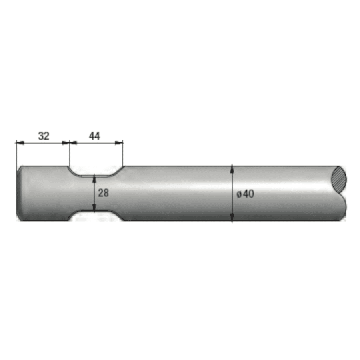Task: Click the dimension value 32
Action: click(44, 136)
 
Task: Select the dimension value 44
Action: click(94, 136)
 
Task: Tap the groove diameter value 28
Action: click(103, 193)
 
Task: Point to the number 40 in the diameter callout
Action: click(248, 194)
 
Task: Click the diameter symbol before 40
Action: click(239, 194)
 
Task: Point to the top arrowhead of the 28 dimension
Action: click(94, 177)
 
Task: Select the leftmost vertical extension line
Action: click(16, 154)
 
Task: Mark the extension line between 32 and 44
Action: click(70, 154)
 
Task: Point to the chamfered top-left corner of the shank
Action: click(18, 168)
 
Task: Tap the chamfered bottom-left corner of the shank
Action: click(18, 218)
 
